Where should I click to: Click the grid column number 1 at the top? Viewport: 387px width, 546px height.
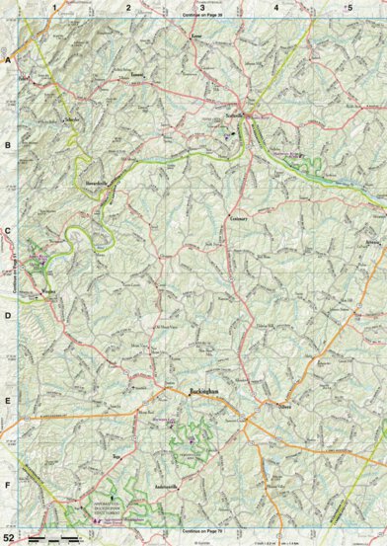54,7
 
